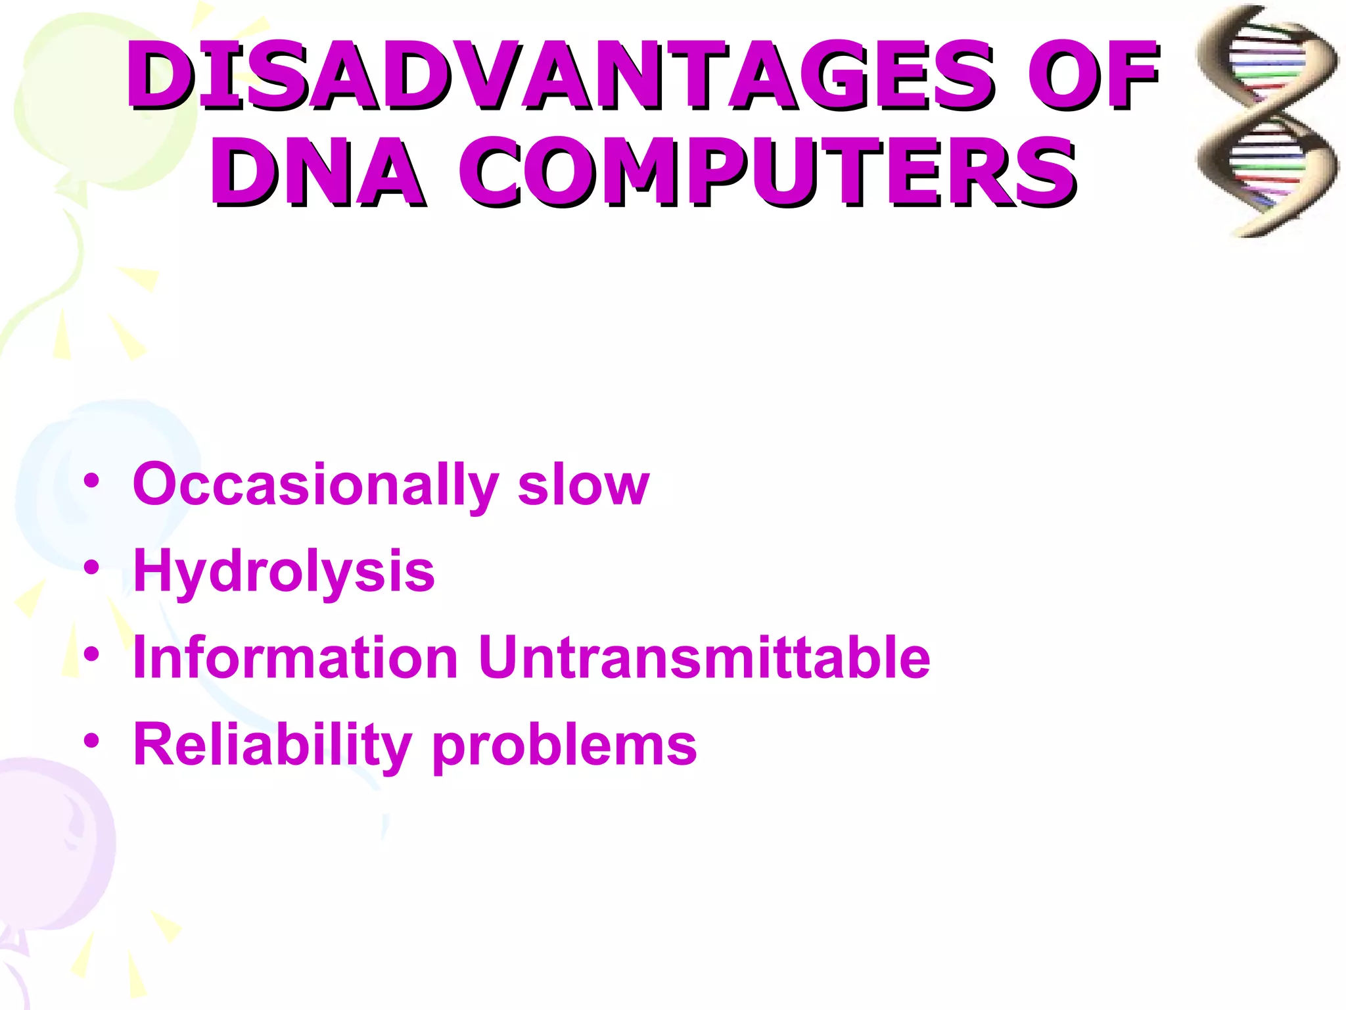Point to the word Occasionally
(315, 485)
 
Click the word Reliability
(272, 746)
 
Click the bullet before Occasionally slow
(91, 481)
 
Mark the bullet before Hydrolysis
(91, 567)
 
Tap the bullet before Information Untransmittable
(91, 654)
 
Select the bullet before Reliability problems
(91, 741)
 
